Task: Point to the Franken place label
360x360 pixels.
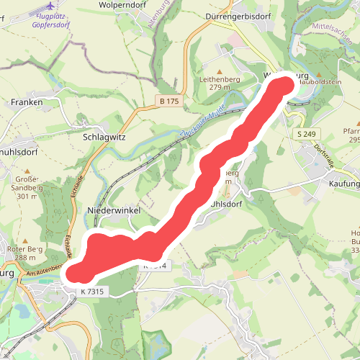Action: pyautogui.click(x=27, y=102)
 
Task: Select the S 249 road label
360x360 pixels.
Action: pyautogui.click(x=307, y=133)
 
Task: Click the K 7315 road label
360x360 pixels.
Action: pyautogui.click(x=93, y=291)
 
